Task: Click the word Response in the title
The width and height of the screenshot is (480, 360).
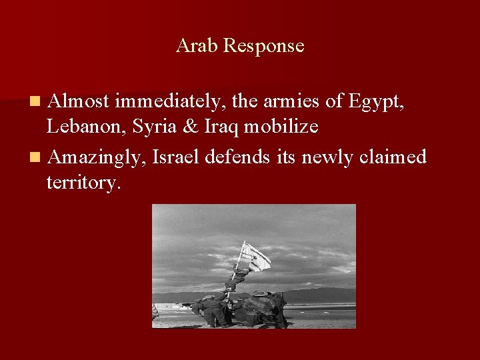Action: (x=264, y=47)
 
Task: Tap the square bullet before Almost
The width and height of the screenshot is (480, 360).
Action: (x=34, y=102)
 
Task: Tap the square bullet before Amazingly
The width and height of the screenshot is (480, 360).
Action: (x=34, y=158)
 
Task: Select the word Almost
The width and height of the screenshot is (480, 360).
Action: (x=79, y=101)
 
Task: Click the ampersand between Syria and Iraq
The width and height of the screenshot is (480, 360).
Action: (x=190, y=127)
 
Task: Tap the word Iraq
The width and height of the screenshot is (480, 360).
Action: (x=220, y=127)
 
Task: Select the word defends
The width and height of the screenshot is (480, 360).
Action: (x=237, y=157)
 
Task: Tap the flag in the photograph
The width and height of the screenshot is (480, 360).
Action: (x=257, y=256)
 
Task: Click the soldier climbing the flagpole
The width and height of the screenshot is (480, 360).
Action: (x=239, y=275)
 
